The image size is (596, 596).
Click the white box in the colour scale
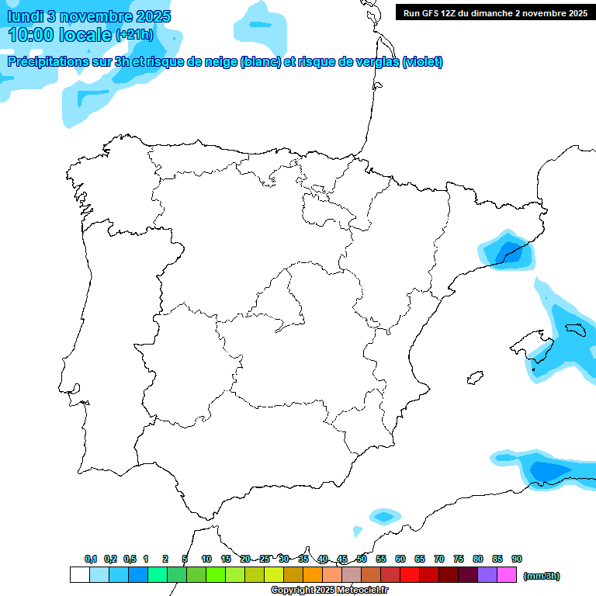79,575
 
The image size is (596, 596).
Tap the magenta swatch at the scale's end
507,575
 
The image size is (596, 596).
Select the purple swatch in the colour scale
487,575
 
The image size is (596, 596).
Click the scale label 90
517,559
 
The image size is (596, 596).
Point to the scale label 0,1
91,559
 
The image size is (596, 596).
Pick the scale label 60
400,559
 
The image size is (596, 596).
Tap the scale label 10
206,559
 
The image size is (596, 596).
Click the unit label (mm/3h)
542,576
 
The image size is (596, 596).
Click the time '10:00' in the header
30,35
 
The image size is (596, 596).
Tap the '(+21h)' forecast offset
134,35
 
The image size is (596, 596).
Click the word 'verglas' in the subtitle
371,62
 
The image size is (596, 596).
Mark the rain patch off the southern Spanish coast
383,515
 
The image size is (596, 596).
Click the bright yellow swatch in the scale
274,575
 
